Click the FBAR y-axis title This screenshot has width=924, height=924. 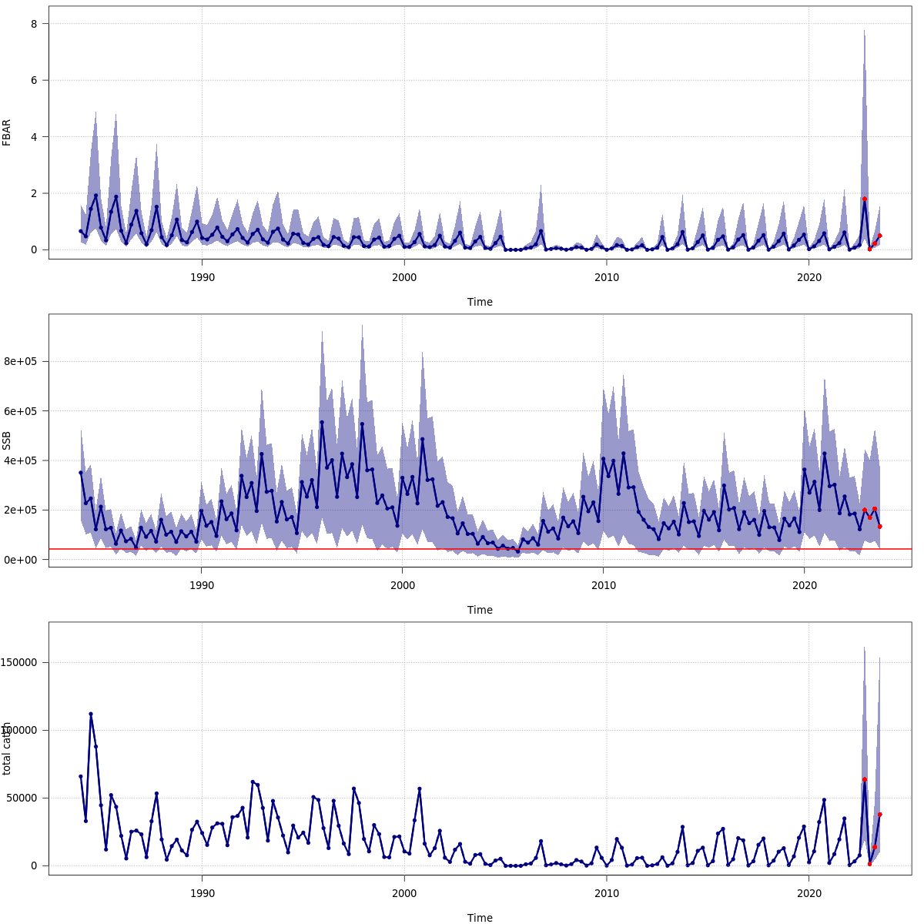point(7,132)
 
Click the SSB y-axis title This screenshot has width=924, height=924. point(7,440)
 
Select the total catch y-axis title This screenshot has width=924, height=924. point(7,748)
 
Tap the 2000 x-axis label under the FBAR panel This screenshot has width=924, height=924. point(404,276)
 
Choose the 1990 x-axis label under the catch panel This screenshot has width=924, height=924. point(202,892)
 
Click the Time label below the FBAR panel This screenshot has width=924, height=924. point(480,302)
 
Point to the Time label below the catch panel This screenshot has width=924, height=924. point(480,918)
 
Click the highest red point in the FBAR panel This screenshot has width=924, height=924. point(865,199)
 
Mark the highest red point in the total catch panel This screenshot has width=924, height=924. point(865,779)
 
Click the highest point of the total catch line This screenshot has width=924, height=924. point(91,714)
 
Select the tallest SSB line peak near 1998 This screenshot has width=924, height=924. point(362,423)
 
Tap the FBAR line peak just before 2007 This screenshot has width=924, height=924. point(541,231)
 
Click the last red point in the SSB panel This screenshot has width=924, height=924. point(879,527)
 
